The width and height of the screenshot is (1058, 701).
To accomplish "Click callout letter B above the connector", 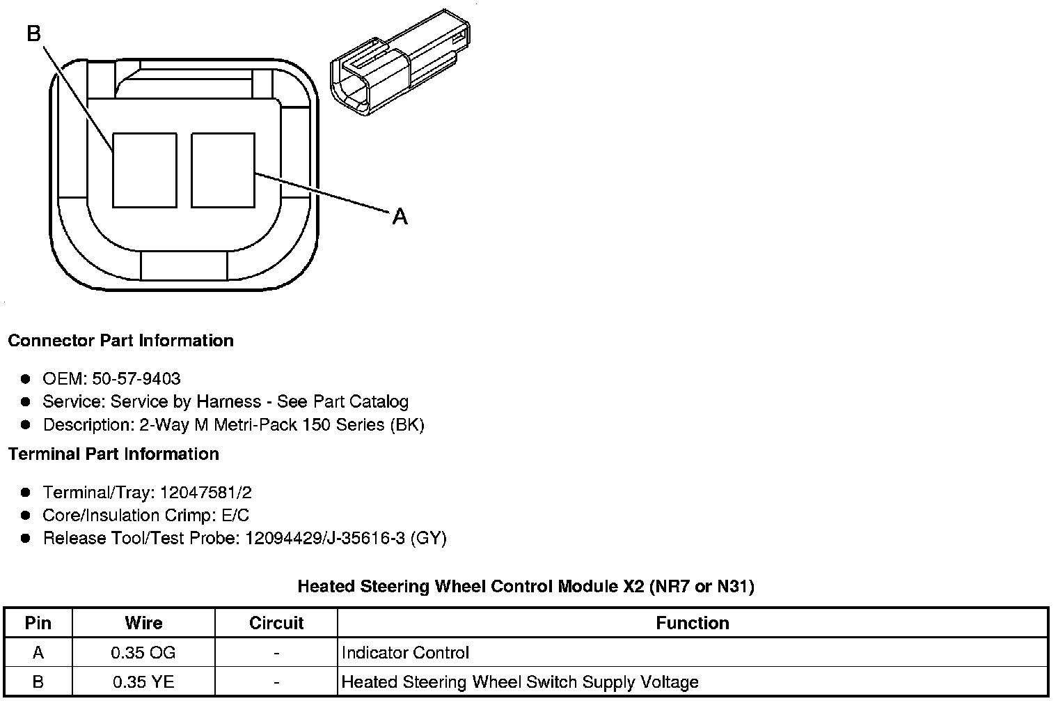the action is (x=34, y=33).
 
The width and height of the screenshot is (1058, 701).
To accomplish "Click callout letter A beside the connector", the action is (x=400, y=217).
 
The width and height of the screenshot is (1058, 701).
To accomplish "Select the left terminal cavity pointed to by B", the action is (x=145, y=170).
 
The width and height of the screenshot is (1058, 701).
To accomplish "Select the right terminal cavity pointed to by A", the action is (x=223, y=170).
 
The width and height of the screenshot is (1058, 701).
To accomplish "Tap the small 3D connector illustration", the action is (x=400, y=63).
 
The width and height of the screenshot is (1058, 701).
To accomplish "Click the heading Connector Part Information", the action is (x=121, y=340).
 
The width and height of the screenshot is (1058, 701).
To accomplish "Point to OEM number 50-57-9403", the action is (x=136, y=378).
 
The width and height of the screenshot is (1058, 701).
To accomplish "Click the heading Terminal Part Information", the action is (x=114, y=454).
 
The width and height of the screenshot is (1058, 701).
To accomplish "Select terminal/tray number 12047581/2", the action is (x=206, y=493).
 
